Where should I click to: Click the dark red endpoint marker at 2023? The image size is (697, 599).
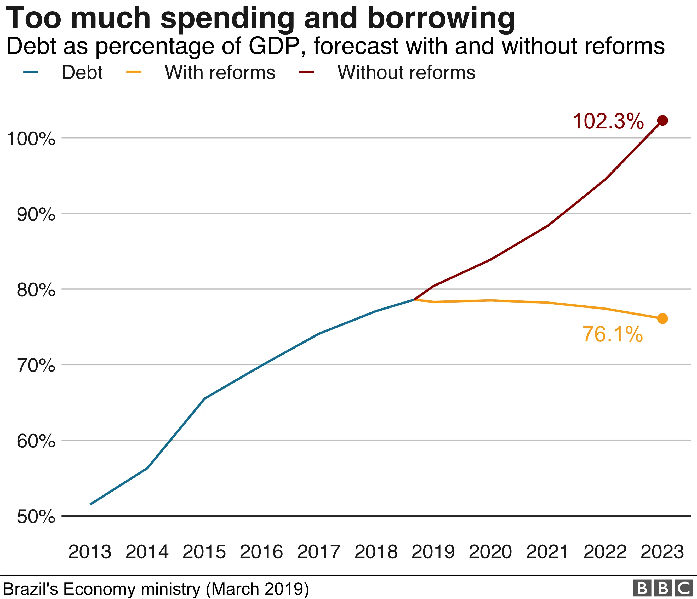coord(662,121)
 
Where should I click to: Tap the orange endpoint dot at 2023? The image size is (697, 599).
coord(662,318)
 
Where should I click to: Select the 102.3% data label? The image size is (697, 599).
coord(608,121)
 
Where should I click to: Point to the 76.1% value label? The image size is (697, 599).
coord(612,334)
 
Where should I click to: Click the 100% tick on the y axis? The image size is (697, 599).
coord(31,138)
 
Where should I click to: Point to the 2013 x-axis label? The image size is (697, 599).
coord(90,552)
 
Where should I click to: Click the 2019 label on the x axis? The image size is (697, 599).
coord(433,552)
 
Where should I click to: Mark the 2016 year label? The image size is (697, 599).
coord(261,552)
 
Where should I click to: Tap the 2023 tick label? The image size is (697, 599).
coord(662,552)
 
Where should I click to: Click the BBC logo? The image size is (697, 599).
coord(663,588)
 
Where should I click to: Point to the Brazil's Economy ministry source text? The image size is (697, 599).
coord(156,589)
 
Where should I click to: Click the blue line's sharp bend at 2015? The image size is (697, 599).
coord(204,398)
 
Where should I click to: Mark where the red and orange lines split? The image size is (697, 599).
coord(415,299)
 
